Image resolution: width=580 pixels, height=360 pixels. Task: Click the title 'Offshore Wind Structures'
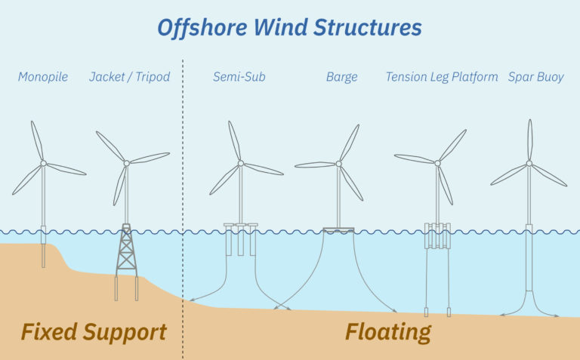pyautogui.click(x=289, y=28)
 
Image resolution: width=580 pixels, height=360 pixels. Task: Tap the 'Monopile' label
pyautogui.click(x=43, y=77)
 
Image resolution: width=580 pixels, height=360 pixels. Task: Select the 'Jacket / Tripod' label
pyautogui.click(x=129, y=77)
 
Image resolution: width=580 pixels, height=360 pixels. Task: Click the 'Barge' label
pyautogui.click(x=341, y=77)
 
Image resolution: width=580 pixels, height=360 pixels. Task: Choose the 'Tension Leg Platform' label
pyautogui.click(x=441, y=77)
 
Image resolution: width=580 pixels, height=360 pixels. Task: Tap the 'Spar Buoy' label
pyautogui.click(x=535, y=77)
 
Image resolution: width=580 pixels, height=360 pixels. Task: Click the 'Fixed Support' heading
pyautogui.click(x=94, y=331)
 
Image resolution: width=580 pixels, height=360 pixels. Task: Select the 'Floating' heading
pyautogui.click(x=388, y=331)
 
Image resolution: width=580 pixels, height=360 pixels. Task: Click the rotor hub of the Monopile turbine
pyautogui.click(x=43, y=163)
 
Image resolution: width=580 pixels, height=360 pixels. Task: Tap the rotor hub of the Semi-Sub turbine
pyautogui.click(x=240, y=162)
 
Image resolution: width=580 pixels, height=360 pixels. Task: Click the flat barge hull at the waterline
pyautogui.click(x=338, y=229)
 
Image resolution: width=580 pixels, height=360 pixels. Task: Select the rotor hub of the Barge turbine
pyautogui.click(x=338, y=163)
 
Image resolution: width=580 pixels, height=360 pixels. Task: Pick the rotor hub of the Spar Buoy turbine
pyautogui.click(x=529, y=163)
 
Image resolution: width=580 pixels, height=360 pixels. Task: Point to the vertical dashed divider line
pyautogui.click(x=183, y=189)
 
